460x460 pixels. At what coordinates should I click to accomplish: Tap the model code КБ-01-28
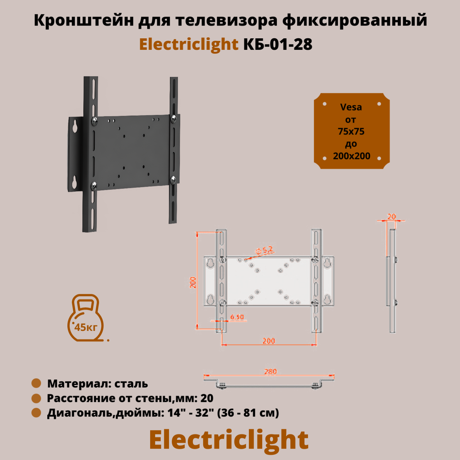(x=278, y=44)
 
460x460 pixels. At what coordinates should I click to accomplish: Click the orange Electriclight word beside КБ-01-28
(x=188, y=44)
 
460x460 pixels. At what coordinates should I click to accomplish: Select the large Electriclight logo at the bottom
(x=229, y=440)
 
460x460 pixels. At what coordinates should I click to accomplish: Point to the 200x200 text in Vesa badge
(x=351, y=156)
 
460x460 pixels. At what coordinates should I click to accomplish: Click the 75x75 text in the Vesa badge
(x=351, y=131)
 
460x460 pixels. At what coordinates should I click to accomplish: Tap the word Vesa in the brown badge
(x=351, y=107)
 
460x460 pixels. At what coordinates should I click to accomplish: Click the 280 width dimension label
(x=270, y=371)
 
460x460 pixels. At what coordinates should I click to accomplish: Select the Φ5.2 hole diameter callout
(x=264, y=250)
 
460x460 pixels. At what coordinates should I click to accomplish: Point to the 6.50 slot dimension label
(x=237, y=317)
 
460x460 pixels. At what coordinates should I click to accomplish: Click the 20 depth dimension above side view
(x=392, y=217)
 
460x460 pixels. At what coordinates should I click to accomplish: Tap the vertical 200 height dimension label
(x=193, y=282)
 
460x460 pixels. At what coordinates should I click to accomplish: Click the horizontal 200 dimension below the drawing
(x=269, y=341)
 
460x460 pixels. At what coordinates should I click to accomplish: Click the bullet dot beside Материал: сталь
(x=36, y=383)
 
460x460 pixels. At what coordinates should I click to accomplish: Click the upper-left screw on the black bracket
(x=95, y=120)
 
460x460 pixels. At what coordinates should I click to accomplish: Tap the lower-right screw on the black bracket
(x=173, y=180)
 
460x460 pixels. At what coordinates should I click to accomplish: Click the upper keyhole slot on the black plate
(x=75, y=126)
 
